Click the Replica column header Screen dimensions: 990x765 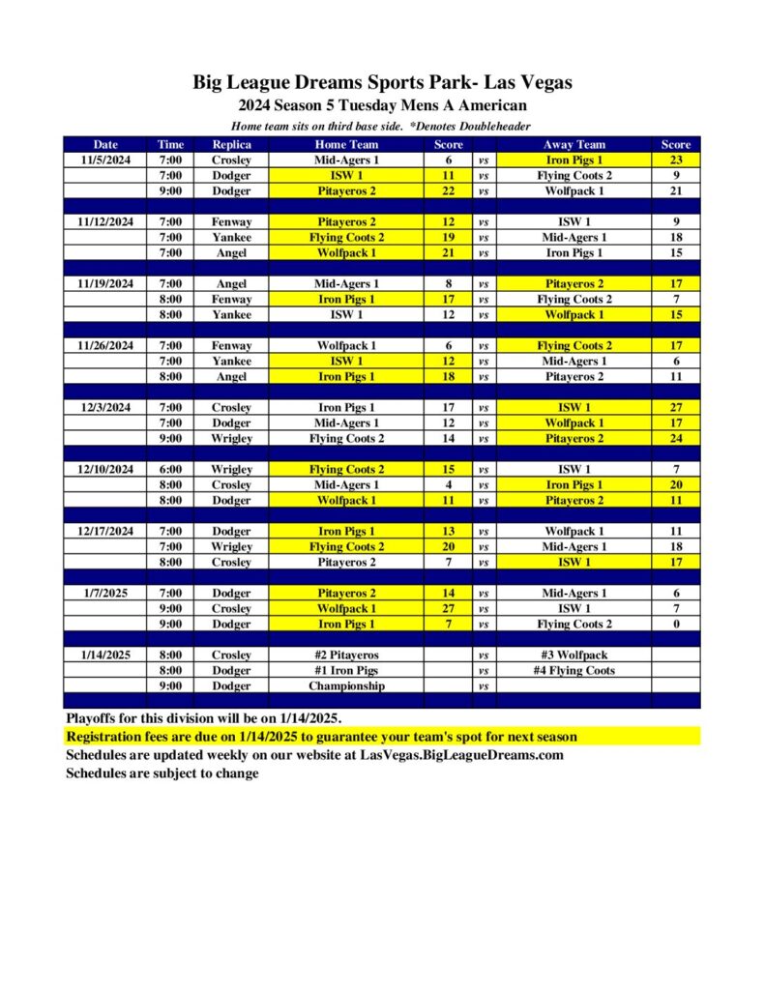[x=231, y=145]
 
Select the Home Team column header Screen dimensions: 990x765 [x=345, y=145]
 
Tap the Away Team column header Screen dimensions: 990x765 [x=574, y=145]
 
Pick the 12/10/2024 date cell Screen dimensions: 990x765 [x=106, y=470]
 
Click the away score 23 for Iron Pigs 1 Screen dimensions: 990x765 [x=676, y=160]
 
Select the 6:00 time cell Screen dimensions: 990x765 [x=170, y=470]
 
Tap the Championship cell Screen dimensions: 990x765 [x=345, y=686]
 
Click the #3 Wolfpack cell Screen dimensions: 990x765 [x=574, y=655]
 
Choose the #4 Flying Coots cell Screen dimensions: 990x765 [x=574, y=671]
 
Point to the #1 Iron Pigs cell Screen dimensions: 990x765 [x=345, y=671]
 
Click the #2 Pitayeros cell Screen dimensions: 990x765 [x=345, y=655]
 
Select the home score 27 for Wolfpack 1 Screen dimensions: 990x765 [x=448, y=609]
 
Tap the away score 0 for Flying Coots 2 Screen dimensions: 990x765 [x=676, y=625]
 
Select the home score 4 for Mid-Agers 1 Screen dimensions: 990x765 [x=448, y=485]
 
